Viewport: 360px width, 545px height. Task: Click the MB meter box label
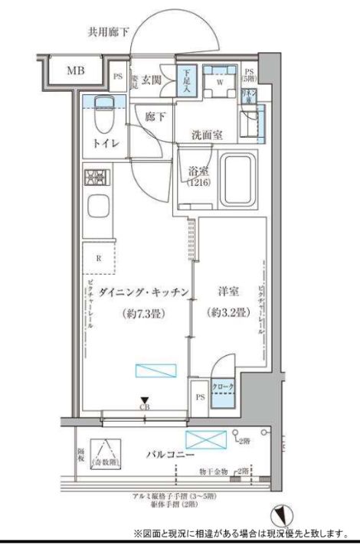pos(75,71)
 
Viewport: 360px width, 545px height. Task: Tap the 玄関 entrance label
pos(151,79)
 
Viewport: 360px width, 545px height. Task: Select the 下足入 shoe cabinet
pos(186,80)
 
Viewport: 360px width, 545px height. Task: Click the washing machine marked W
pos(220,82)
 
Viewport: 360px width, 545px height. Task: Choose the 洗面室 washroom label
pos(207,135)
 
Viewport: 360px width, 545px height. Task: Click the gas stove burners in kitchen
pos(99,178)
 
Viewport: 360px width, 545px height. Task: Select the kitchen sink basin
pos(98,207)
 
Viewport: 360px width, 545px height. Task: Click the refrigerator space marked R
pos(98,258)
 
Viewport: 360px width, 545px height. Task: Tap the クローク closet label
pos(224,387)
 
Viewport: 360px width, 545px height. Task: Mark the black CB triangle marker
pos(144,399)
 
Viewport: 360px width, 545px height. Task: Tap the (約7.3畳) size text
pos(144,314)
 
